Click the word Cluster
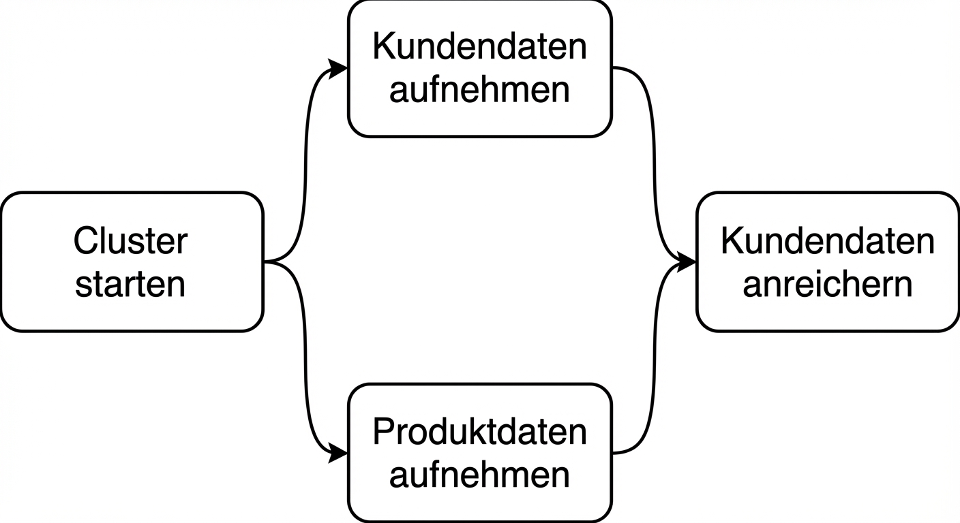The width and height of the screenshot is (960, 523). (x=130, y=241)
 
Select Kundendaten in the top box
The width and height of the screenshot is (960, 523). (x=479, y=47)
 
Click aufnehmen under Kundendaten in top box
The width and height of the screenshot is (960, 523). (x=479, y=90)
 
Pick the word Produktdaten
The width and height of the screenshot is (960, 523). (x=479, y=431)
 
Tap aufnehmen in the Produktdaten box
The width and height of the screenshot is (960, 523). (x=479, y=474)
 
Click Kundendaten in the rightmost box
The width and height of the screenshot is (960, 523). (x=827, y=241)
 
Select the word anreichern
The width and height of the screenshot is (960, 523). (x=827, y=284)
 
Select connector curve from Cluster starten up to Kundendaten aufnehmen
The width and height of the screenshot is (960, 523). (x=305, y=163)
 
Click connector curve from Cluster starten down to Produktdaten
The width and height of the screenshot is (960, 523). (x=305, y=361)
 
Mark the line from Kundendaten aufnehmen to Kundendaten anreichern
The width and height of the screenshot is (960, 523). (x=654, y=163)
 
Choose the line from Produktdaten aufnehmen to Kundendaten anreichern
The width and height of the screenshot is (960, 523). (x=654, y=361)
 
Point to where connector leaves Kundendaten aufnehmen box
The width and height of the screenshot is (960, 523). (x=614, y=68)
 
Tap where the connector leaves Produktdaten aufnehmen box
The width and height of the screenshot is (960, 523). (x=614, y=453)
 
